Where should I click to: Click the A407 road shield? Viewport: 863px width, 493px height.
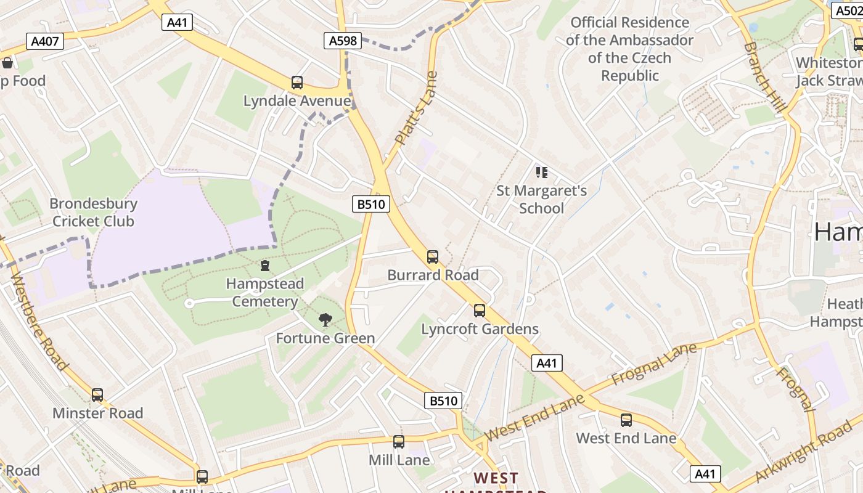point(45,41)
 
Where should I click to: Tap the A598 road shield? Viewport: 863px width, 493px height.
point(342,41)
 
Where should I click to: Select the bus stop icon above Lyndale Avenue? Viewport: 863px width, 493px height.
point(297,83)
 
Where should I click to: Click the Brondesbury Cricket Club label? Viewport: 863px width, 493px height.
point(93,213)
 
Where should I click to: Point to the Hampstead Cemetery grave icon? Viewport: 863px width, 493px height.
point(265,266)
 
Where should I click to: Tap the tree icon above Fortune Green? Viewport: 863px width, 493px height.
point(325,319)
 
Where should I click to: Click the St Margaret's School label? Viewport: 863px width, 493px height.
point(541,199)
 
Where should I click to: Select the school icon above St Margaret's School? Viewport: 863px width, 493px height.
point(541,172)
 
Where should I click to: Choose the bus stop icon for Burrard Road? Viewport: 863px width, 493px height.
point(433,256)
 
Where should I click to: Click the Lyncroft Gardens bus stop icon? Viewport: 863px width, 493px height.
point(480,311)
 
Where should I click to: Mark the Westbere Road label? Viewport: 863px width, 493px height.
point(38,320)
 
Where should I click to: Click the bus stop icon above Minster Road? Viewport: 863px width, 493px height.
point(97,394)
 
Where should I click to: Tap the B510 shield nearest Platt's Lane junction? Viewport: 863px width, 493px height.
point(372,204)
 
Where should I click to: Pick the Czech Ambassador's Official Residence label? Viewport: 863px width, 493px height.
point(629,49)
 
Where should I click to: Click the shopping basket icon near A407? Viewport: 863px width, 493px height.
point(7,63)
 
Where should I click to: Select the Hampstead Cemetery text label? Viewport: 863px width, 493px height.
point(264,293)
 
